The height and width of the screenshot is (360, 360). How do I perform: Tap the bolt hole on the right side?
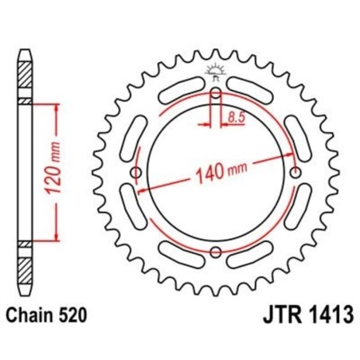click(x=298, y=172)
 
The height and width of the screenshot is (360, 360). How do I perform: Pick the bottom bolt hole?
click(x=216, y=253)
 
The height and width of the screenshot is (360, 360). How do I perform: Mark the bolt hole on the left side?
click(x=135, y=173)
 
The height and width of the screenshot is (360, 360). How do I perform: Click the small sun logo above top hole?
click(x=216, y=72)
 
